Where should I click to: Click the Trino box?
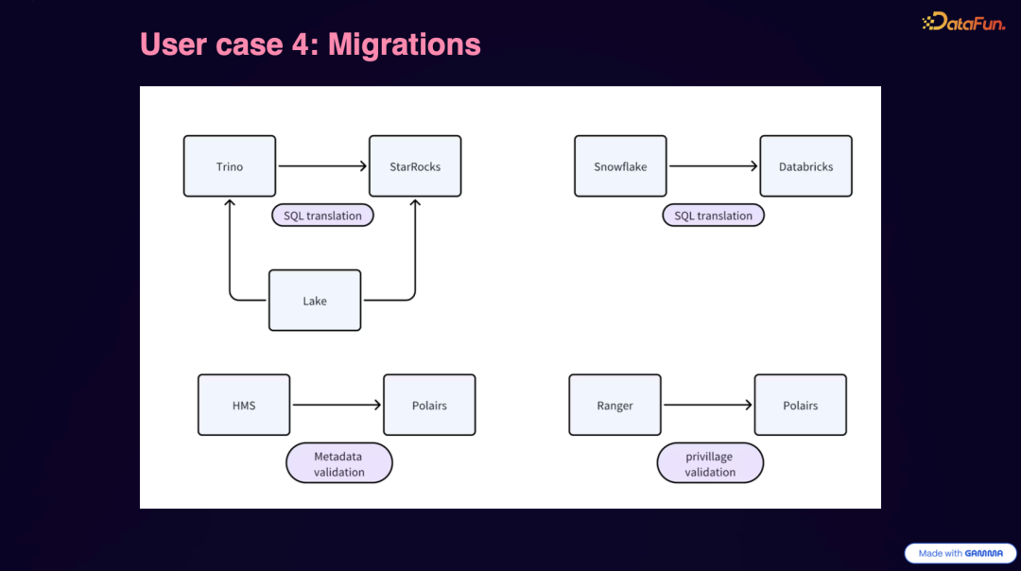coord(230,166)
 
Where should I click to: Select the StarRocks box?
coord(415,166)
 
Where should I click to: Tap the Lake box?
coord(315,301)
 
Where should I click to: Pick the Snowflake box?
coord(620,166)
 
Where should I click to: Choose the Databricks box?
coord(805,166)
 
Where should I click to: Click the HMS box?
coord(244,405)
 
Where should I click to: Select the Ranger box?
coord(614,405)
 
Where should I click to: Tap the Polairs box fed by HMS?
coord(429,405)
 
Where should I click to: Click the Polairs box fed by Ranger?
coord(800,405)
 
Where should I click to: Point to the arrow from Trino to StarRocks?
coord(322,166)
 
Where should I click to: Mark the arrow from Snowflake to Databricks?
coord(713,166)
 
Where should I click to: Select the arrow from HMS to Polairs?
coord(337,405)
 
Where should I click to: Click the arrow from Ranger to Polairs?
coord(707,405)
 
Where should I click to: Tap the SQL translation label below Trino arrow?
coord(322,216)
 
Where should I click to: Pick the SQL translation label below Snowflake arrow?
coord(713,216)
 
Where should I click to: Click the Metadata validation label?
coord(338,463)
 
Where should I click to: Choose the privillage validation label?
coord(710,463)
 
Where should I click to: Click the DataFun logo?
coord(963,22)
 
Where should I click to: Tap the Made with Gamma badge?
coord(960,553)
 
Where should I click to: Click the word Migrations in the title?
coord(405,44)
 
